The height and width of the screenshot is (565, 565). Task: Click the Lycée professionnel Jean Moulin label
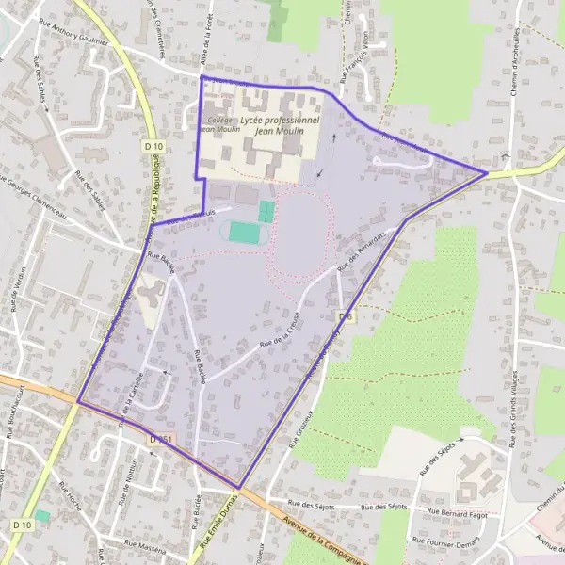click(x=280, y=126)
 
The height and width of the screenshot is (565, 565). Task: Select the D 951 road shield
click(x=160, y=438)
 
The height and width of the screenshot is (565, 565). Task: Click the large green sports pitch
click(x=244, y=231)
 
